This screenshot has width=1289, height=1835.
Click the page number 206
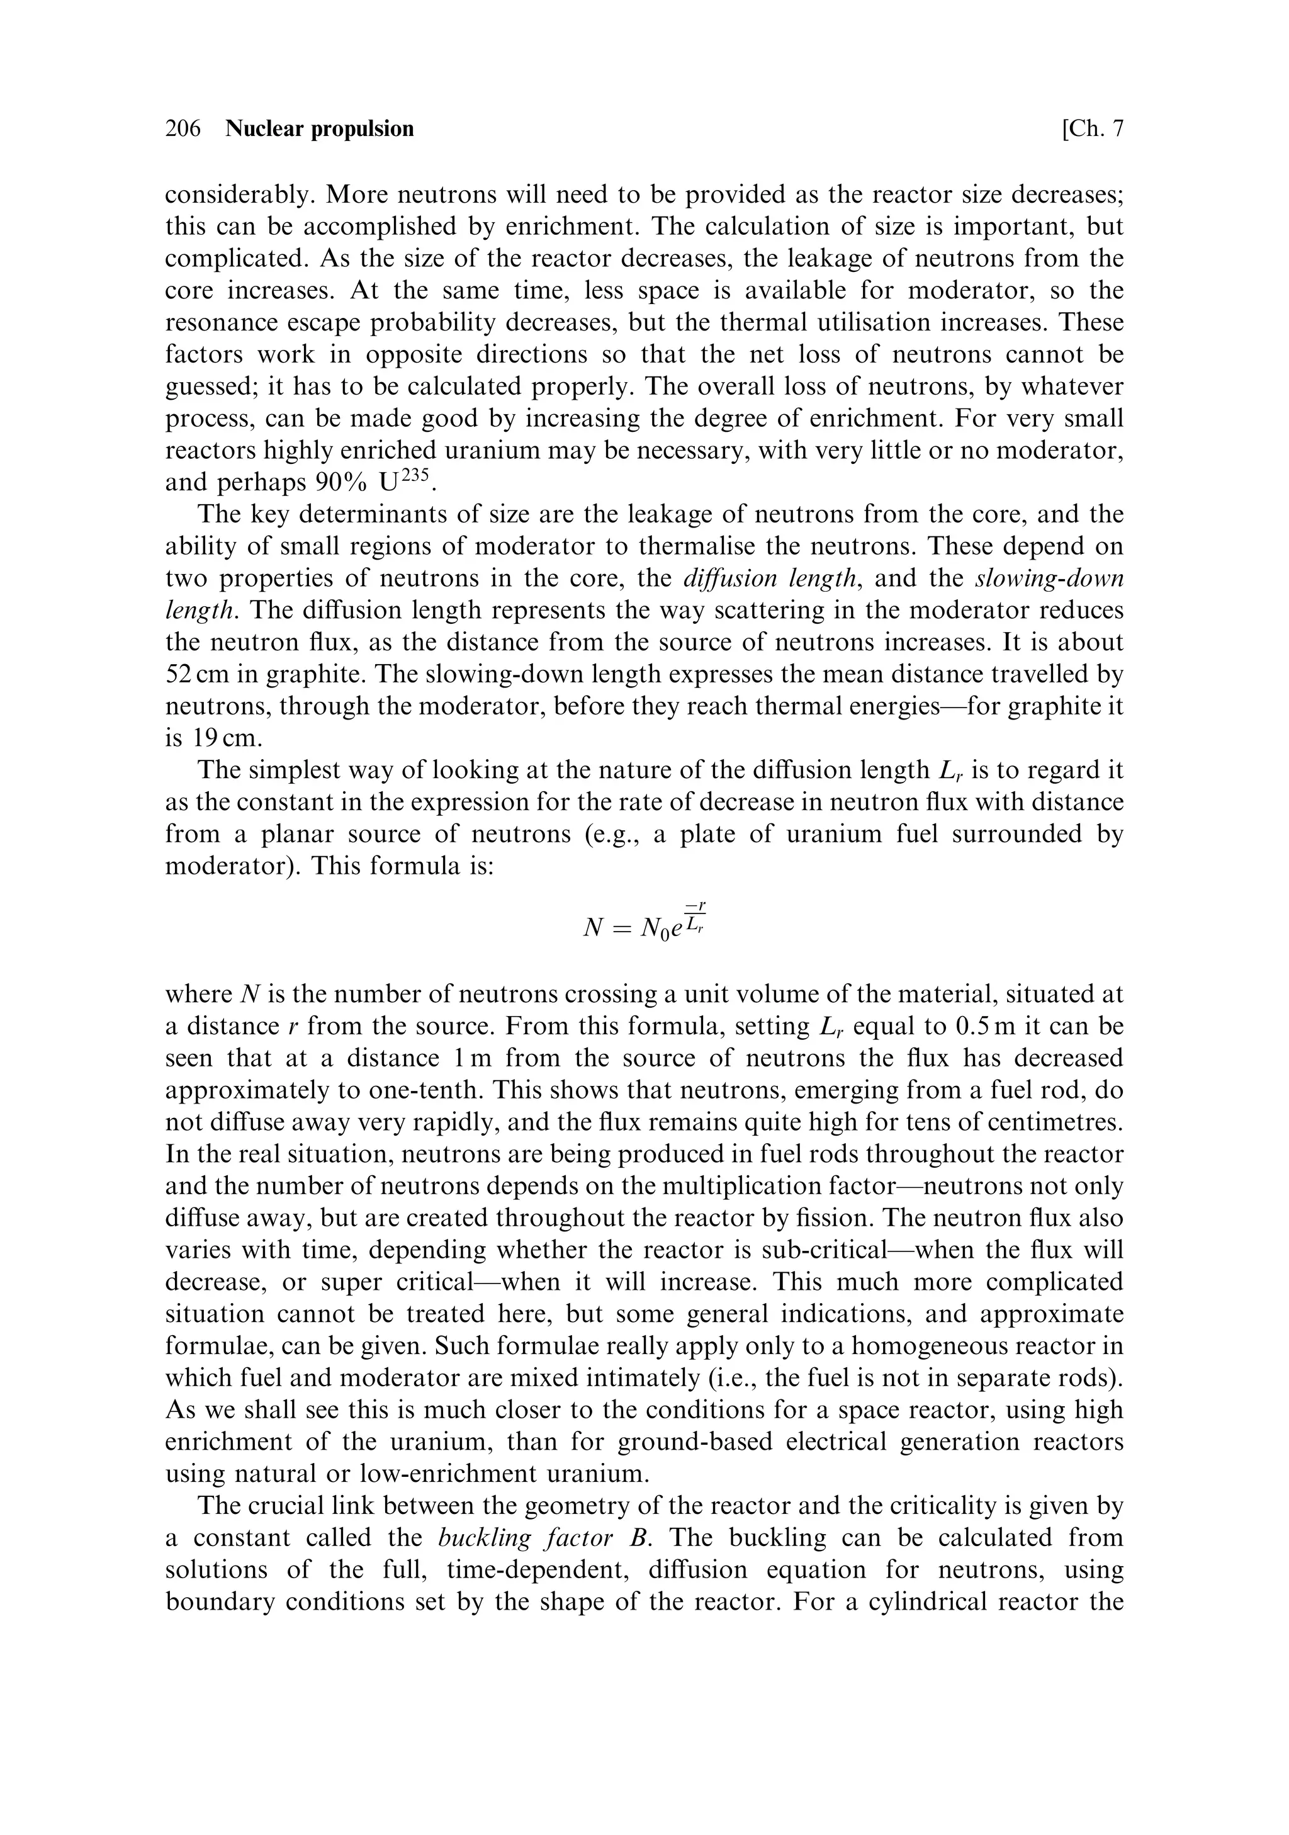click(183, 128)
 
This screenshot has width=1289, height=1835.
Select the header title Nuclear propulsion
click(320, 128)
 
